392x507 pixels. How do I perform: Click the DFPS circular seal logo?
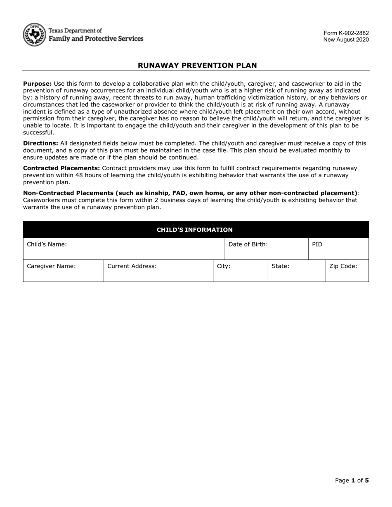click(34, 35)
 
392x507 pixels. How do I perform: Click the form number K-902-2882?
click(346, 33)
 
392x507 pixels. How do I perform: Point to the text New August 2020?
click(346, 40)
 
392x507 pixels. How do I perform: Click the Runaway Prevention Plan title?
click(197, 65)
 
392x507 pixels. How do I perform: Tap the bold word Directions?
click(40, 143)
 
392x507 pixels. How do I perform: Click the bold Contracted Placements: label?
click(61, 168)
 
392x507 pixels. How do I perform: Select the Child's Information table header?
click(194, 230)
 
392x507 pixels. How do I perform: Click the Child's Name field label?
click(47, 244)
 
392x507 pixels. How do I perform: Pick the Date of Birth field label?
click(248, 244)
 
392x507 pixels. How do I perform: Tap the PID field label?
click(317, 244)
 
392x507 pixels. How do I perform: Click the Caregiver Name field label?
click(51, 266)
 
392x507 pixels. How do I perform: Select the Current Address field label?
click(132, 266)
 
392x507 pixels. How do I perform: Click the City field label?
click(224, 266)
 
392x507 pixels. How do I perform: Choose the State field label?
click(280, 266)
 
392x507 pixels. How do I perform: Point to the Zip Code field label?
click(343, 266)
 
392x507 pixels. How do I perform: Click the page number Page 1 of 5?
click(352, 480)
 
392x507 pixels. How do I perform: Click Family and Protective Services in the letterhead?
click(96, 38)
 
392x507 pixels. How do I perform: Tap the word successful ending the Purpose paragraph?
click(38, 132)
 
